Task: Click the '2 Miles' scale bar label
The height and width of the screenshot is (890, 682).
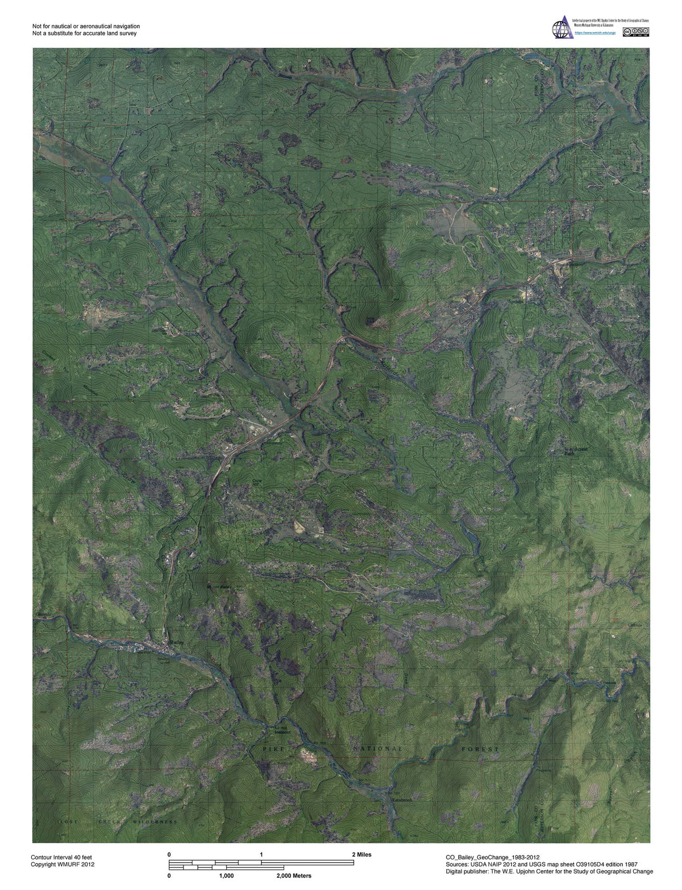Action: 361,854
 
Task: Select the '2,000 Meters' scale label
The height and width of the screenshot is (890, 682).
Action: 294,876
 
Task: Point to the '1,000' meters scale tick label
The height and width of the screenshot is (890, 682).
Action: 226,876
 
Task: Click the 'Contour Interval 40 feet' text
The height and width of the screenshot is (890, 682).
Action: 65,856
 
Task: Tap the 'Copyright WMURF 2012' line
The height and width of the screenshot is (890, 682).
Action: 62,864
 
